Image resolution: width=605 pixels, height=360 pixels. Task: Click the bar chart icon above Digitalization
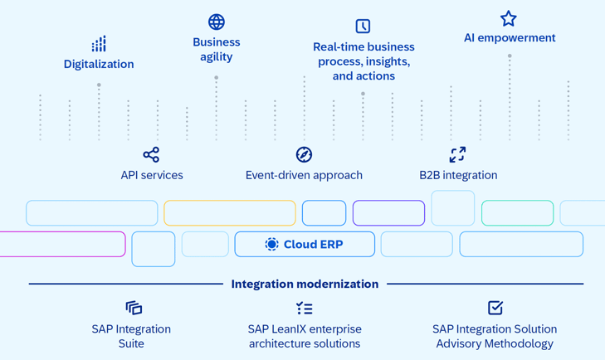click(99, 44)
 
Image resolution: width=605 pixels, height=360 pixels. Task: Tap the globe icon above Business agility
click(217, 22)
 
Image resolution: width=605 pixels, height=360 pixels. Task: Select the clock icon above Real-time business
click(363, 27)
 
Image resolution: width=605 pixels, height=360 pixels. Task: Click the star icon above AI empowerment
click(509, 18)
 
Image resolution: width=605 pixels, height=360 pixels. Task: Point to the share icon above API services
click(151, 154)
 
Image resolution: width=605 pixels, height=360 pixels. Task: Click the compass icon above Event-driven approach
click(304, 154)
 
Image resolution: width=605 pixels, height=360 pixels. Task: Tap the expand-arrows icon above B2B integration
click(457, 154)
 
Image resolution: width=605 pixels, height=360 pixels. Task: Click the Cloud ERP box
click(305, 244)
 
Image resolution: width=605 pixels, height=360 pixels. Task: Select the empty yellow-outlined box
click(230, 213)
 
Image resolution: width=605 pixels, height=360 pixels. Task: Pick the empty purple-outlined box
click(389, 213)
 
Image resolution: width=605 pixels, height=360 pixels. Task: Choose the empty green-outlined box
click(517, 213)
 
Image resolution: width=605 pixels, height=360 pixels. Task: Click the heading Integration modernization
click(305, 284)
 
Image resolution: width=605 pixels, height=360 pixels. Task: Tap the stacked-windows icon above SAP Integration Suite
click(134, 308)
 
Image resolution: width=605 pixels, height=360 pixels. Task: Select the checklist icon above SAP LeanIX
click(305, 309)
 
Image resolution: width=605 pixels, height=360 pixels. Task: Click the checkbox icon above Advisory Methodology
click(495, 308)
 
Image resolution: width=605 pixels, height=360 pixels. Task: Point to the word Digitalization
click(99, 64)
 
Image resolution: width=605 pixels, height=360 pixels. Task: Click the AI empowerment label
click(510, 38)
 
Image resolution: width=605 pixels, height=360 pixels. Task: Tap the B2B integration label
click(458, 175)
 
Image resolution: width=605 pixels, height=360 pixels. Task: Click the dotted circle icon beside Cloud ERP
click(271, 244)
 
